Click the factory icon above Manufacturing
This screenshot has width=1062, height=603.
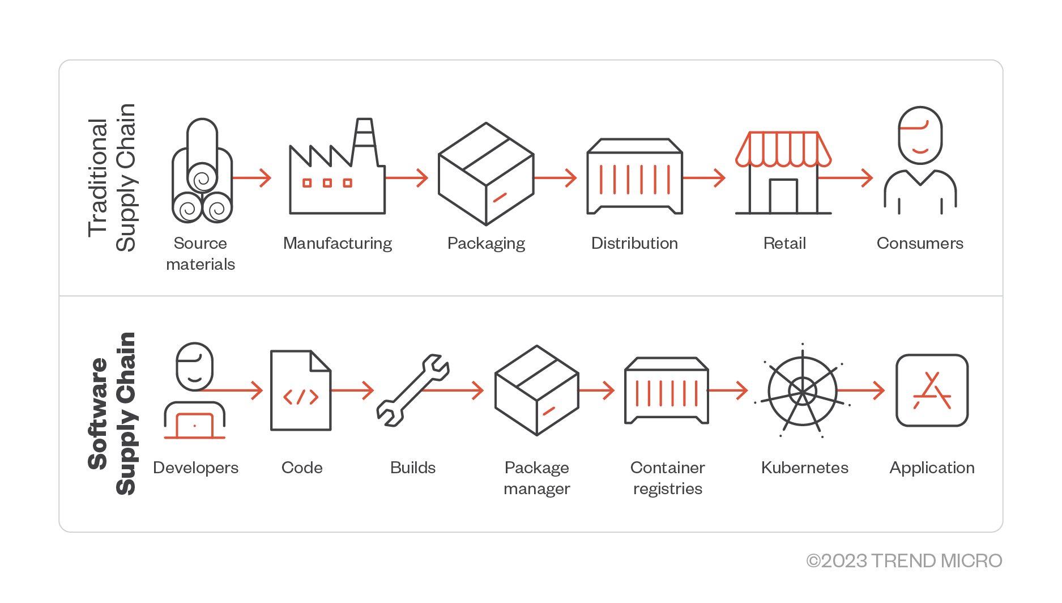(x=337, y=170)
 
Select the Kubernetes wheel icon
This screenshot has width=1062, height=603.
(x=802, y=391)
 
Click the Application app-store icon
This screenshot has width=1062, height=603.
(x=932, y=390)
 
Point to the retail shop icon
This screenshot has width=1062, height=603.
(x=783, y=173)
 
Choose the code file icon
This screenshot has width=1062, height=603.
(x=301, y=390)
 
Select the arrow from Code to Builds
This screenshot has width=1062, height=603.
(x=352, y=390)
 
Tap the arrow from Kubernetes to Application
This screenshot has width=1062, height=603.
(x=861, y=390)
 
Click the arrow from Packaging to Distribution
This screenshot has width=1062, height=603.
(x=555, y=178)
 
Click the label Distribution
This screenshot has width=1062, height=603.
(x=634, y=243)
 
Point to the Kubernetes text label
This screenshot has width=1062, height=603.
(x=804, y=468)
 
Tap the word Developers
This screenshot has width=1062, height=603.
(x=195, y=468)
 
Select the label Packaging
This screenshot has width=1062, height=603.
(x=486, y=244)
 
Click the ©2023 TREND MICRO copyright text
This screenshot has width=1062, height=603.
(x=904, y=560)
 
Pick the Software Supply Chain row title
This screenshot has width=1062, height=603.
(x=112, y=414)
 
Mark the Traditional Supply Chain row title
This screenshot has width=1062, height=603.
(x=112, y=177)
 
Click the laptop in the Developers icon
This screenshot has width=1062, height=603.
(x=194, y=426)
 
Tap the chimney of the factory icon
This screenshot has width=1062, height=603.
(x=364, y=139)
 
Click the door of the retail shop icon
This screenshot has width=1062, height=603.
(x=783, y=196)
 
